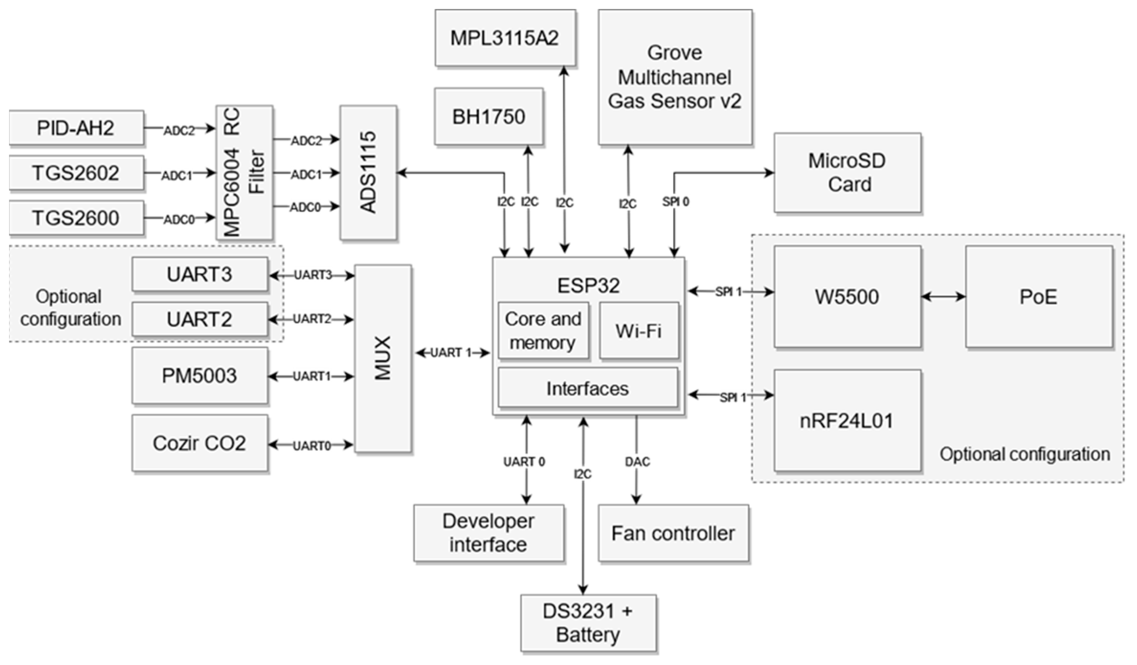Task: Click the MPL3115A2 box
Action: [505, 38]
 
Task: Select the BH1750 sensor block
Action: [489, 117]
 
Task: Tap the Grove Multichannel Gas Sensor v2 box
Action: [675, 77]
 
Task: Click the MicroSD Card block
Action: [847, 173]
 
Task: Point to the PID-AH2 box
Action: [76, 128]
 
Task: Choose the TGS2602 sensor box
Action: [76, 173]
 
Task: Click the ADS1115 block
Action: [368, 173]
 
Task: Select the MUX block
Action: [383, 359]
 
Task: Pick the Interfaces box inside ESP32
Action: [588, 388]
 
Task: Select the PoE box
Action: [1039, 297]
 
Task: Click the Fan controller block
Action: [673, 533]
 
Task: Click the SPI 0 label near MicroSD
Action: [676, 202]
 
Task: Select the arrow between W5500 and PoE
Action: [943, 297]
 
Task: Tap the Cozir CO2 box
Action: [199, 443]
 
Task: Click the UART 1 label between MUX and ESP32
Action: [450, 353]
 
